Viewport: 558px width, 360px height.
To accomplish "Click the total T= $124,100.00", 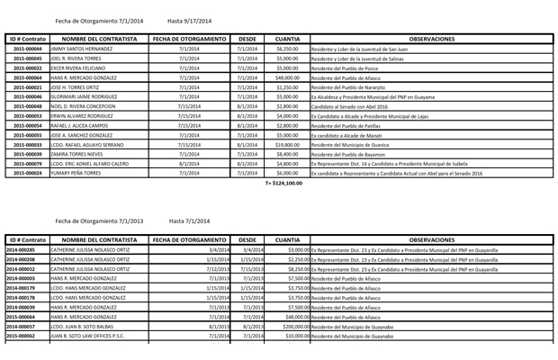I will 283,183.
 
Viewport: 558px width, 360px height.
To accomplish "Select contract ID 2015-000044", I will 27,49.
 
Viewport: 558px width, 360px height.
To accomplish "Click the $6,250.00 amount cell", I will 287,49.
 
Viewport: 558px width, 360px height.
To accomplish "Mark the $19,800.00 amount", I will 287,144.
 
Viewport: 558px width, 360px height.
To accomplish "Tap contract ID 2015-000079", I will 27,164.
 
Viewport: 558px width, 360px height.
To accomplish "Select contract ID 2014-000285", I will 27,249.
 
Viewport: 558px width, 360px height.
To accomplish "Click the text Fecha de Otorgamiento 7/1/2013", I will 98,220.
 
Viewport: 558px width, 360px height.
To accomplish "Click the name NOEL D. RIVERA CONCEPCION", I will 87,106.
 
